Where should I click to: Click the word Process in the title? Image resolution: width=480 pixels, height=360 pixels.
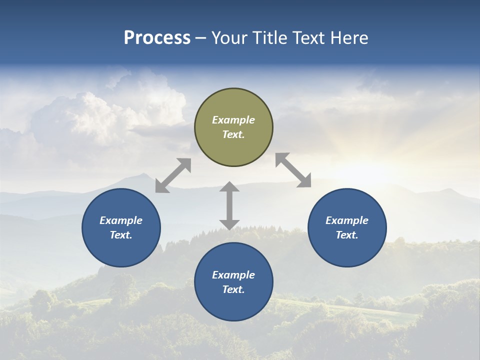(x=157, y=38)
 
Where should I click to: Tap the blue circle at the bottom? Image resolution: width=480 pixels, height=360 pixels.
(x=233, y=305)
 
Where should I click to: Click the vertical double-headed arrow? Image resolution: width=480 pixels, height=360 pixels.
(x=229, y=205)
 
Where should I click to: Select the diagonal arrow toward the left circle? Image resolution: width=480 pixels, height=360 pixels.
(x=173, y=175)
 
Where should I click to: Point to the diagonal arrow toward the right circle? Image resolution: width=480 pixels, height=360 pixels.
(x=293, y=170)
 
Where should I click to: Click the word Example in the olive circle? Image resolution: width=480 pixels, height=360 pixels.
(x=233, y=120)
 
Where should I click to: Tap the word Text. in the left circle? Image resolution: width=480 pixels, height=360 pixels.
(x=121, y=235)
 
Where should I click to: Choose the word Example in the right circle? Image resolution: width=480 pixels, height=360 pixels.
(x=347, y=220)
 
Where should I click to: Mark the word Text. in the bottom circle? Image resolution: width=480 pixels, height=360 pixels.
(x=233, y=289)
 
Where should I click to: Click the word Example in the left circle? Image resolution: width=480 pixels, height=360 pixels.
(x=121, y=220)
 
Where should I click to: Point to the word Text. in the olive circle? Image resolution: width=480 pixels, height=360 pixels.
(x=233, y=134)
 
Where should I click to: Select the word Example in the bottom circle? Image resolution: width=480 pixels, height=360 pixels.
(x=233, y=275)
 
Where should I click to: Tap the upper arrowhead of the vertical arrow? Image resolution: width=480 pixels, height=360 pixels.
(x=229, y=187)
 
